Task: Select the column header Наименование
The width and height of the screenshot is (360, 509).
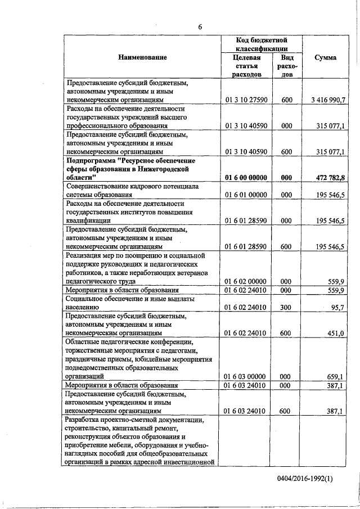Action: (142, 57)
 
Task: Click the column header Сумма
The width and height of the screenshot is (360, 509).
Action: (326, 57)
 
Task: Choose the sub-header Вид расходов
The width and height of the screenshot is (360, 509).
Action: (286, 66)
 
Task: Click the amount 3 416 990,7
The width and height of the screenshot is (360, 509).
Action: (327, 100)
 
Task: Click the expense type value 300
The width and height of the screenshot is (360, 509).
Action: (286, 307)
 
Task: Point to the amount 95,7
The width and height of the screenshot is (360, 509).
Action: (337, 307)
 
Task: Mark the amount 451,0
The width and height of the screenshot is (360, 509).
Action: (336, 333)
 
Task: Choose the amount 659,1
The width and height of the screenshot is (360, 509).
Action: (336, 376)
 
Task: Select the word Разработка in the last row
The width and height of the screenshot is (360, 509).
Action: (85, 420)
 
